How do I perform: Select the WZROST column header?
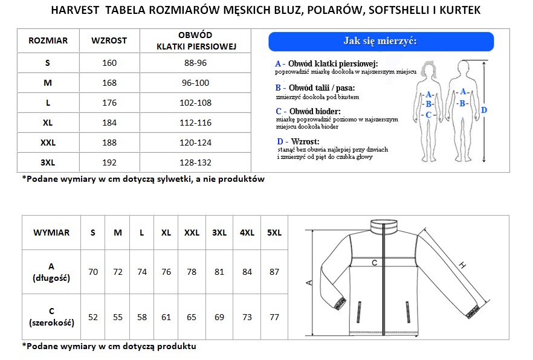109,40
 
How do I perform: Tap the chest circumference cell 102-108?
197,103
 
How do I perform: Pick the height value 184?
109,123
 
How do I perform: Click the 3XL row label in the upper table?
48,162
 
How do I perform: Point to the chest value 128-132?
197,162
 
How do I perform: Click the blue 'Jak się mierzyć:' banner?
381,42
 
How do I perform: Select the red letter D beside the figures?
483,110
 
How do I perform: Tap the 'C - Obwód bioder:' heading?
308,111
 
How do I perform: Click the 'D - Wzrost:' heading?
298,141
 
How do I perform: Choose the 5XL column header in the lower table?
274,233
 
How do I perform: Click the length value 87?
274,272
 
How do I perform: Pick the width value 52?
93,317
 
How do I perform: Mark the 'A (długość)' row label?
51,272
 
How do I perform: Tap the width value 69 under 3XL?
219,317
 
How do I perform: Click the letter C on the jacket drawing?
374,263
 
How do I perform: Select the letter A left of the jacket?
308,282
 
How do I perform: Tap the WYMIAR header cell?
51,233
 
